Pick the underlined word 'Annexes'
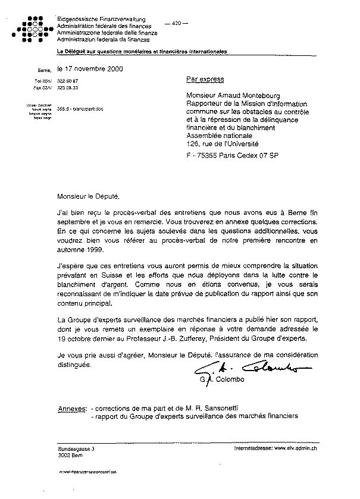71,409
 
